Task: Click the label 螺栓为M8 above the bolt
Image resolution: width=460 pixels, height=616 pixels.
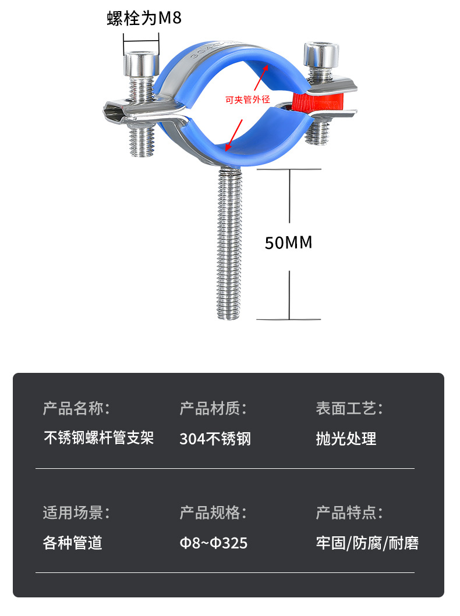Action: [x=144, y=19]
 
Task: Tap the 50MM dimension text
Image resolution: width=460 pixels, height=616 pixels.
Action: [x=288, y=242]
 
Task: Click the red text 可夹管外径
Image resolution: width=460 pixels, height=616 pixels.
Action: [x=248, y=99]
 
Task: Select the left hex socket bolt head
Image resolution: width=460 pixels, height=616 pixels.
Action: [x=141, y=63]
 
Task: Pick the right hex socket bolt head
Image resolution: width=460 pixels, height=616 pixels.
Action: [x=320, y=56]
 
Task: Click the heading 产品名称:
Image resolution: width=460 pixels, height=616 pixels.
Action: [x=76, y=408]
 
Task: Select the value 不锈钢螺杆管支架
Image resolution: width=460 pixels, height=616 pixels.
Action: [x=99, y=438]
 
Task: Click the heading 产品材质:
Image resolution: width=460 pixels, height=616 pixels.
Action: [x=213, y=408]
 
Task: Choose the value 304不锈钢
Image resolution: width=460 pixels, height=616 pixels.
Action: [x=215, y=439]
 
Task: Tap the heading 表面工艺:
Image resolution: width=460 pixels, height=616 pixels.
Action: [x=349, y=408]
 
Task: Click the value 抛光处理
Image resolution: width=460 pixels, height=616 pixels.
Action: [x=346, y=439]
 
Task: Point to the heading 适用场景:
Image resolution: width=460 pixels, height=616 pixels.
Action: [x=76, y=512]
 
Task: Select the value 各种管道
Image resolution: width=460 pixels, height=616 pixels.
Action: [x=73, y=543]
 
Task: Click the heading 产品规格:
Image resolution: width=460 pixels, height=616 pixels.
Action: [x=213, y=512]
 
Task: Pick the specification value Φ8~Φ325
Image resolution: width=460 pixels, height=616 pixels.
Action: [x=213, y=543]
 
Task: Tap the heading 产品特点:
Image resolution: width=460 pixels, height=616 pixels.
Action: [x=349, y=512]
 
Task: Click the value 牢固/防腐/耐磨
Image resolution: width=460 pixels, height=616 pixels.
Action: [x=367, y=543]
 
